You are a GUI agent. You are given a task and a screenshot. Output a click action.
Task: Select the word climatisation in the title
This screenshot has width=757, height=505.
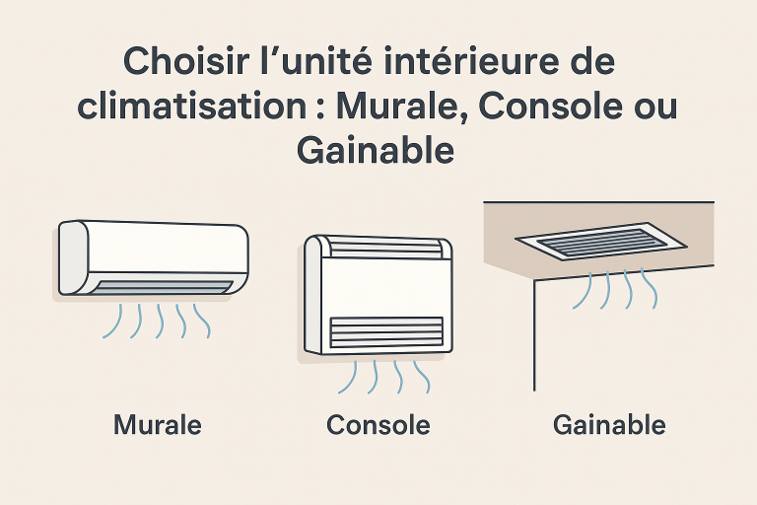192,106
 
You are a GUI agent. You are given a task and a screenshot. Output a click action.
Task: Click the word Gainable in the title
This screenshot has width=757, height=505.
376,150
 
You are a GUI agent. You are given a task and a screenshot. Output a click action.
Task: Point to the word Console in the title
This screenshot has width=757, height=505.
550,106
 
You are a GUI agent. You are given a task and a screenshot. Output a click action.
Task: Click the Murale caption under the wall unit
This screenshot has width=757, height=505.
158,425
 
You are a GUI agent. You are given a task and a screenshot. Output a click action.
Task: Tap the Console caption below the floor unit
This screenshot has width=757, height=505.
378,425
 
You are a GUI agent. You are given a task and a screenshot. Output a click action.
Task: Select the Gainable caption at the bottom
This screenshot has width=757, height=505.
609,425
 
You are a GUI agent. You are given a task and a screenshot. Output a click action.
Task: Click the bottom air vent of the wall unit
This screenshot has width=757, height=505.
162,287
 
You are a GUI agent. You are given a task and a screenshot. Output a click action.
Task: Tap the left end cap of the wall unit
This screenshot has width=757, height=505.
73,257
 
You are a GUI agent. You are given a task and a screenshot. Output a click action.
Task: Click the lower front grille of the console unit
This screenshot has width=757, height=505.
386,332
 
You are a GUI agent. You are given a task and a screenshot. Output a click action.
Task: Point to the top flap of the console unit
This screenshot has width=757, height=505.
385,248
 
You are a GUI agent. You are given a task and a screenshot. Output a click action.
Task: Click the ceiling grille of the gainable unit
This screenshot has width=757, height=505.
601,242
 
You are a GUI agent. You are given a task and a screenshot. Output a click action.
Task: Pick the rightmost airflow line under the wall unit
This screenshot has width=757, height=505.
203,321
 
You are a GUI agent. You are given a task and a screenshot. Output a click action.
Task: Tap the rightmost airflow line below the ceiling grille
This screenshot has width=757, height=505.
650,289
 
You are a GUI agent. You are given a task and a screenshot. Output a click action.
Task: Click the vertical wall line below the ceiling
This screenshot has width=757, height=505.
534,335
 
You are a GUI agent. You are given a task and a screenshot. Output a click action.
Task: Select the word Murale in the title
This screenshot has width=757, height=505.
397,106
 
